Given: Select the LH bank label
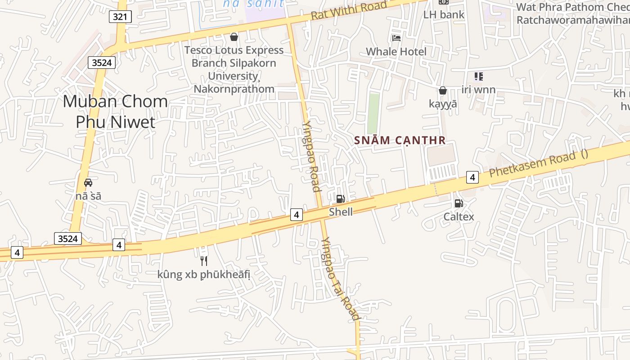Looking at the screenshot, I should [444, 14].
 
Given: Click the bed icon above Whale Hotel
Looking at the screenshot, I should [396, 38].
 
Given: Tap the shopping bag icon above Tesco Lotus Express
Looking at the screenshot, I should [234, 36].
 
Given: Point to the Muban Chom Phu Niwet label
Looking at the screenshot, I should [115, 111].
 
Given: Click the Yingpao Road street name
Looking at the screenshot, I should [311, 156].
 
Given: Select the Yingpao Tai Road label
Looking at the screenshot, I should [341, 279].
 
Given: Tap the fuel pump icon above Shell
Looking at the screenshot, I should [341, 198].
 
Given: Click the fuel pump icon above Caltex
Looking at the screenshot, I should [459, 203].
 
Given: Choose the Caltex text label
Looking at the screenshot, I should [459, 217].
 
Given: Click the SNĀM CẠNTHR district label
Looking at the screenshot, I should [400, 140].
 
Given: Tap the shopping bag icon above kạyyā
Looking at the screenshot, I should [443, 90].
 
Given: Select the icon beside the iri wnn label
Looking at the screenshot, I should [478, 76].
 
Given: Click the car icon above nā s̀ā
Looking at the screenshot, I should [88, 183].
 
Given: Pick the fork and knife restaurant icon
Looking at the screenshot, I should [204, 261].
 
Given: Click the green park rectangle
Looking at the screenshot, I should [373, 113].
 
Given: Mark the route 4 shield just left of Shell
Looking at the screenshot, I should [296, 215].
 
